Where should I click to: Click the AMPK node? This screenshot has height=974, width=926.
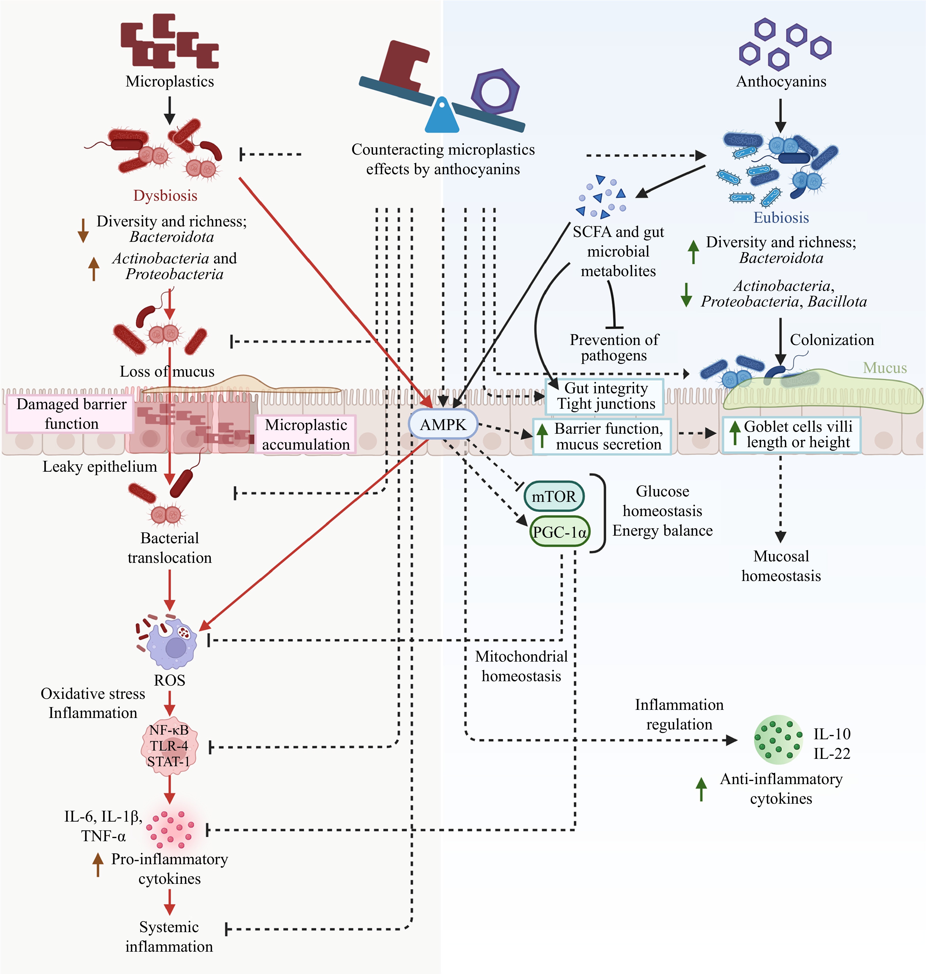(443, 425)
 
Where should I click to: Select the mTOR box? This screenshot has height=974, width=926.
(554, 496)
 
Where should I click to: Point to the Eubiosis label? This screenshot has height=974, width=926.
(781, 218)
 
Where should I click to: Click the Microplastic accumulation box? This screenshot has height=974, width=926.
(305, 434)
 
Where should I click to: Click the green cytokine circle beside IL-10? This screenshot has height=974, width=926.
(779, 740)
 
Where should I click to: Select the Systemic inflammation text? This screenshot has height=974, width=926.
(169, 937)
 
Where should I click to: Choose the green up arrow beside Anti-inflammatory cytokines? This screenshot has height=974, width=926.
(701, 789)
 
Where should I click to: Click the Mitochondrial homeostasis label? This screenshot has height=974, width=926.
(521, 666)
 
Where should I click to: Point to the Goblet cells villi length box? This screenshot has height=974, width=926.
(791, 434)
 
